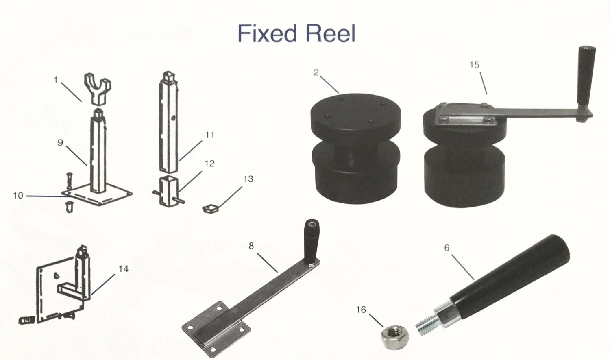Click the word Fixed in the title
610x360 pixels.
pyautogui.click(x=267, y=33)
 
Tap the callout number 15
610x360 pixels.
pyautogui.click(x=474, y=65)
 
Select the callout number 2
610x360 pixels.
pyautogui.click(x=316, y=72)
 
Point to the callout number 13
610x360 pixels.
pyautogui.click(x=248, y=179)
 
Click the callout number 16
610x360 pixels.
pyautogui.click(x=361, y=310)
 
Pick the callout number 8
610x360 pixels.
pyautogui.click(x=251, y=246)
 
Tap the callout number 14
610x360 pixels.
pyautogui.click(x=123, y=269)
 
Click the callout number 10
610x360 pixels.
pyautogui.click(x=18, y=196)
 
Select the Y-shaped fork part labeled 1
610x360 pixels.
pyautogui.click(x=98, y=87)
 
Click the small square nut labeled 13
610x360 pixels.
pyautogui.click(x=211, y=209)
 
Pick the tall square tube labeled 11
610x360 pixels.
pyautogui.click(x=168, y=126)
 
